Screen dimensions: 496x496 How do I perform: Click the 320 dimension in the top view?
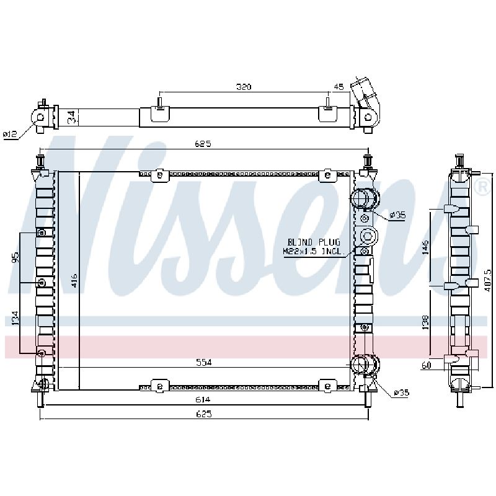click(x=244, y=87)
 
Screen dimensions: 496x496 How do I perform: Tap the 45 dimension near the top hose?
click(x=339, y=87)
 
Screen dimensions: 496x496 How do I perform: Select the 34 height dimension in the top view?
click(x=73, y=117)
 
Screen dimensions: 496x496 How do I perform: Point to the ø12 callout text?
click(x=10, y=135)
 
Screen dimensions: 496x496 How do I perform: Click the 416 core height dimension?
click(x=73, y=281)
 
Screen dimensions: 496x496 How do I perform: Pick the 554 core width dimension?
click(x=203, y=363)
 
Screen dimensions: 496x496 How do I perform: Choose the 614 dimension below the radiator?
click(x=203, y=399)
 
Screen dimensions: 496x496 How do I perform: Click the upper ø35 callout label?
click(x=397, y=215)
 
